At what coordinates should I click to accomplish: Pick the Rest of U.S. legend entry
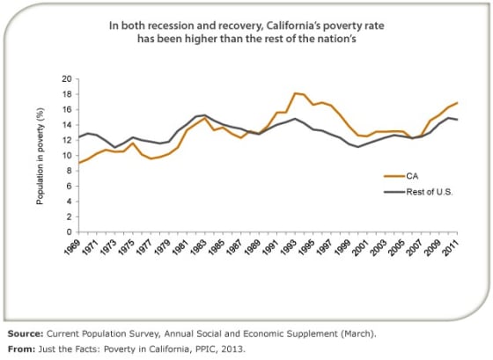[418, 192]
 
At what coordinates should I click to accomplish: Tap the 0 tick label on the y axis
[70, 232]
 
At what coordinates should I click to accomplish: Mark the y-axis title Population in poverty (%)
[40, 157]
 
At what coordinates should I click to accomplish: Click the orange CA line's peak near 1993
[295, 93]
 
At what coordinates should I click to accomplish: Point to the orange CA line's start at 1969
[79, 163]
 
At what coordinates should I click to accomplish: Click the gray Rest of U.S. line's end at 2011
[457, 120]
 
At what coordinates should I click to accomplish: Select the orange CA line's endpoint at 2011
[457, 102]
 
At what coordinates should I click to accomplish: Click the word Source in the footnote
[26, 334]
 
